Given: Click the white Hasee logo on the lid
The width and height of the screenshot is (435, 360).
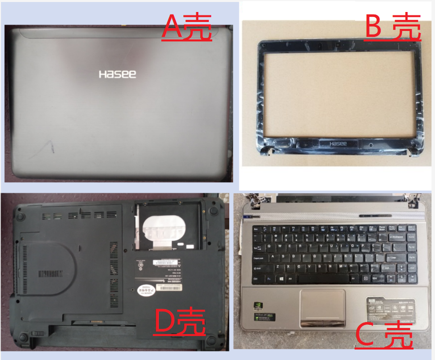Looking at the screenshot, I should coord(117,74).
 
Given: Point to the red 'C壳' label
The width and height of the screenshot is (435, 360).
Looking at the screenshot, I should coord(385,336).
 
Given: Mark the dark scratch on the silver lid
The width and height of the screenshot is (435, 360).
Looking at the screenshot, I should coord(49,147).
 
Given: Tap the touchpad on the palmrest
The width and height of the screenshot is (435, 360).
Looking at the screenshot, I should coord(322,306).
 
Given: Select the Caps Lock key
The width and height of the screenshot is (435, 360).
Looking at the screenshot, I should coord(259,258).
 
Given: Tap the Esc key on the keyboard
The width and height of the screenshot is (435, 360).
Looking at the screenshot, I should coord(257,228).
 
